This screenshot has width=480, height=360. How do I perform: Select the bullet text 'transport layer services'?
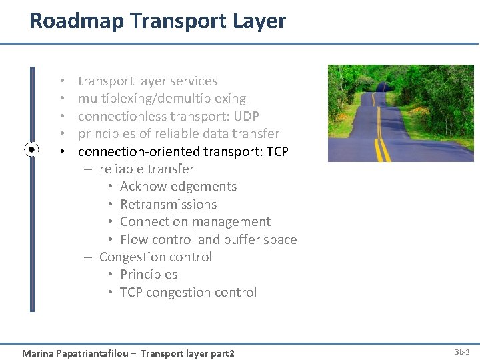click(x=147, y=81)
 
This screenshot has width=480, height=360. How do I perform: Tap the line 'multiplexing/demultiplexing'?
click(x=162, y=99)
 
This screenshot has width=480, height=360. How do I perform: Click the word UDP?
click(x=246, y=116)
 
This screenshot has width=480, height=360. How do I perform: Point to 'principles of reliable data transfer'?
click(x=178, y=134)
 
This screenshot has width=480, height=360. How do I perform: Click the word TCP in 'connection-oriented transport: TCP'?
click(x=277, y=151)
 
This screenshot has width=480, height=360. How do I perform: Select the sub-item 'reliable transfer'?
click(x=146, y=169)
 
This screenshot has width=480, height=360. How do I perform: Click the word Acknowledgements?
click(x=178, y=187)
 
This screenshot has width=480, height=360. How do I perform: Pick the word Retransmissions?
click(x=168, y=205)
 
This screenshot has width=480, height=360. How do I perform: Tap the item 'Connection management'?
click(x=195, y=222)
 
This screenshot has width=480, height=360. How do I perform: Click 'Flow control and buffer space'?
click(x=208, y=240)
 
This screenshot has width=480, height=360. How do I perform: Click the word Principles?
click(x=149, y=275)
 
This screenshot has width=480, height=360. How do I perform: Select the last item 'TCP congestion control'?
click(x=188, y=293)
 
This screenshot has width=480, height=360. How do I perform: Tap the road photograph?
click(x=401, y=113)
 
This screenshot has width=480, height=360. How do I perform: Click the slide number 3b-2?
click(x=462, y=351)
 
